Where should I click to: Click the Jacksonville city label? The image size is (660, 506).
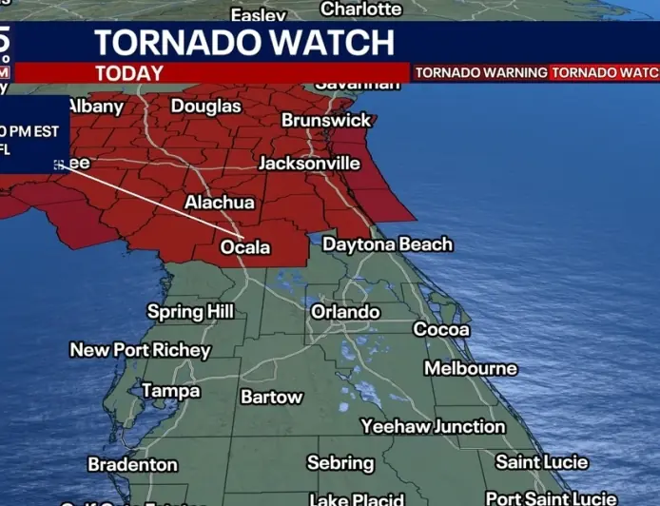point(309,163)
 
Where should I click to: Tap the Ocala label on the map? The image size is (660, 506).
point(245,247)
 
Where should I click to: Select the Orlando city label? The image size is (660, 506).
point(345,311)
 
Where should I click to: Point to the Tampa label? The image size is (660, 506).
point(170,390)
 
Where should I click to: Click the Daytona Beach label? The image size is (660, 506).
point(387,244)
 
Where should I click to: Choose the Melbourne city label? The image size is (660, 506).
point(470,368)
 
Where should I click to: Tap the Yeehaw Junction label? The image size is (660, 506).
point(433,426)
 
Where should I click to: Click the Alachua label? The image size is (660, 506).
point(219,202)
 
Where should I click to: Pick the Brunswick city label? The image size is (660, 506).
point(326,121)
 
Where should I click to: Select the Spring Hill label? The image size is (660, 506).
point(190,311)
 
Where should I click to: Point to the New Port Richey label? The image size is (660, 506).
point(140,350)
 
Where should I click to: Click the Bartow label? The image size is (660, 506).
point(271,397)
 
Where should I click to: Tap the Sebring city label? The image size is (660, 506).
point(340,463)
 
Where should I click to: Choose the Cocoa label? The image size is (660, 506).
point(440,329)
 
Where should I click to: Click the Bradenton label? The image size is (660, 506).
point(132,464)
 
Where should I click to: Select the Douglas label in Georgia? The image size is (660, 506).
point(205,106)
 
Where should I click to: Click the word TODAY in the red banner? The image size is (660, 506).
point(129,73)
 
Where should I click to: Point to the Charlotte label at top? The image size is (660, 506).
point(360,9)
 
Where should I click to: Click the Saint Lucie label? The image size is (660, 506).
point(542,462)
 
